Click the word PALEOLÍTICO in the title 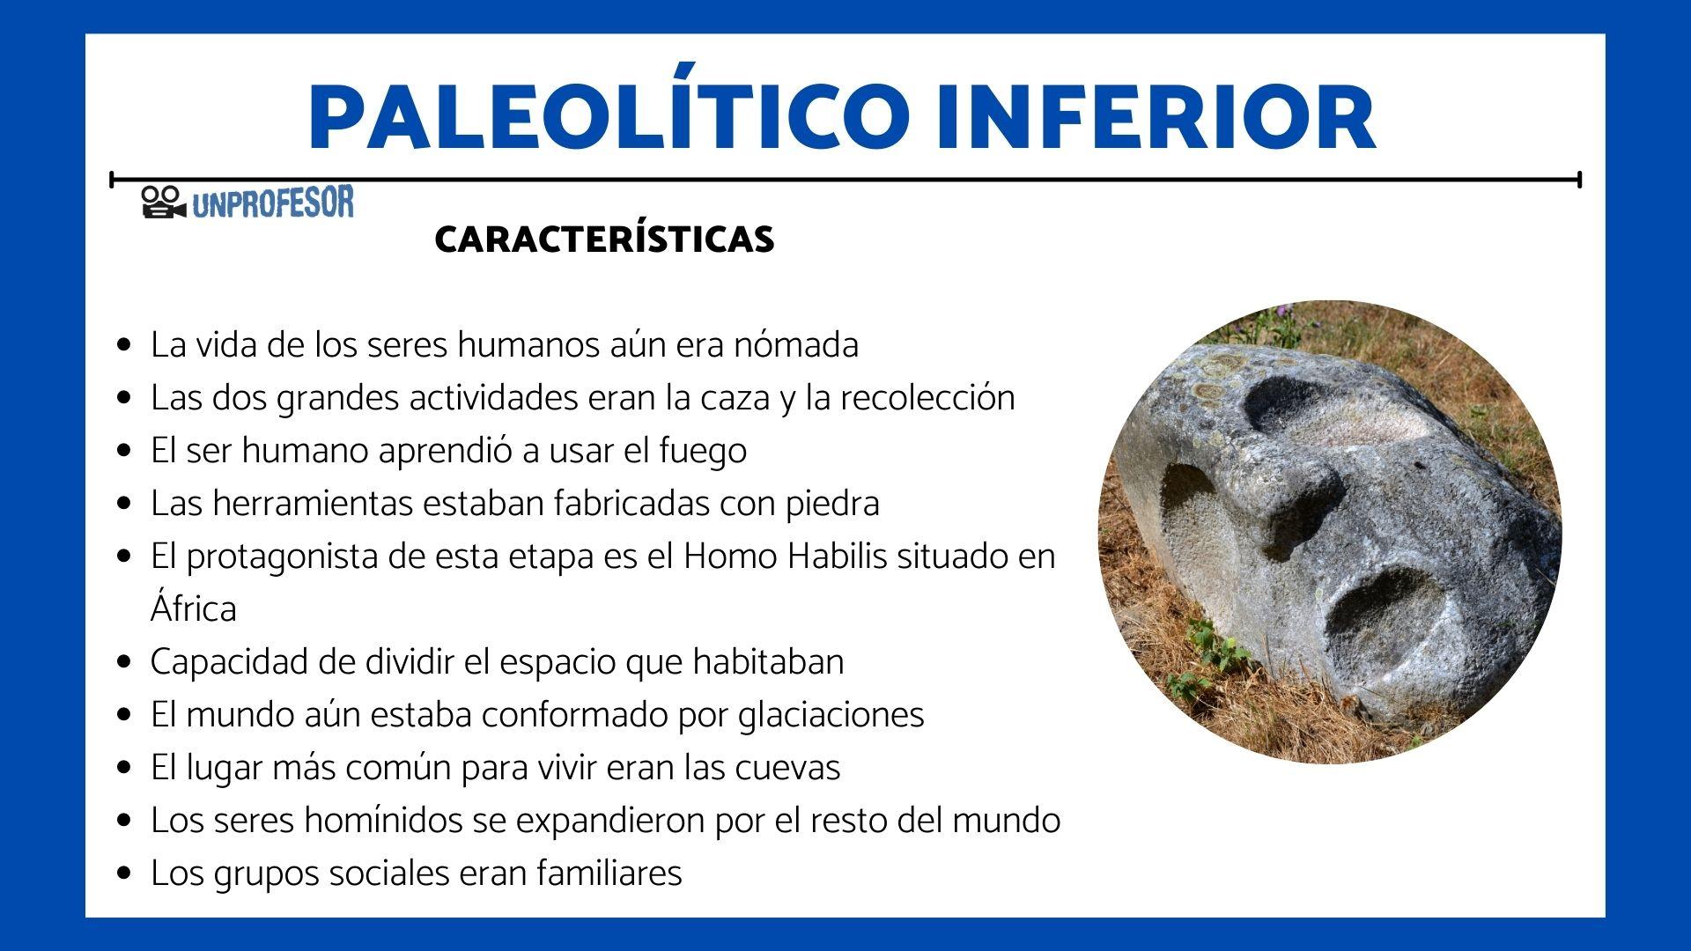[x=608, y=116]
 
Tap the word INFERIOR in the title [x=1155, y=118]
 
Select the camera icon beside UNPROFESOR [x=163, y=203]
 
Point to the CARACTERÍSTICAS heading [x=604, y=240]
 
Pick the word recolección [x=927, y=397]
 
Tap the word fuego [x=702, y=450]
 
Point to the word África [x=193, y=608]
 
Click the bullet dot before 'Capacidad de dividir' [x=124, y=661]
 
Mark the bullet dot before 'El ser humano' [x=124, y=450]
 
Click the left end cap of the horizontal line [x=112, y=180]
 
